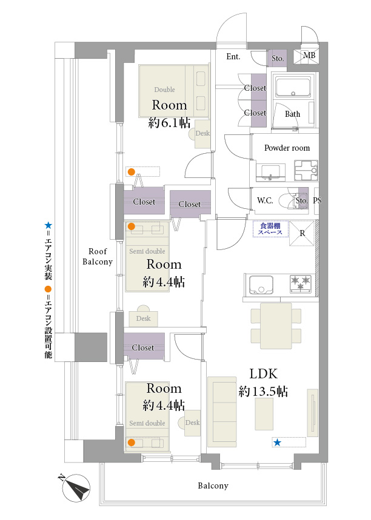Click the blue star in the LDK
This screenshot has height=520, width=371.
(277, 443)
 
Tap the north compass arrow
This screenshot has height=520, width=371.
(76, 487)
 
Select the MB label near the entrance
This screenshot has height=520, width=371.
(309, 56)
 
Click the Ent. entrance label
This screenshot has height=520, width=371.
(233, 57)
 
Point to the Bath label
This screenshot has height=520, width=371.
(293, 114)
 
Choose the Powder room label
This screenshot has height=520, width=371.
(287, 148)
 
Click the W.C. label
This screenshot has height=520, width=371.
(264, 200)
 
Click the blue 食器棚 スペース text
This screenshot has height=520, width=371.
(270, 228)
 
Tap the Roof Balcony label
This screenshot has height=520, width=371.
(98, 257)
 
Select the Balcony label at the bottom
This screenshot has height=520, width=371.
(213, 485)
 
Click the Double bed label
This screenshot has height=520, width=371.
(164, 90)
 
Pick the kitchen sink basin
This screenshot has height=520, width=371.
(261, 283)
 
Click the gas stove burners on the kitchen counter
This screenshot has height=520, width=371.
(300, 282)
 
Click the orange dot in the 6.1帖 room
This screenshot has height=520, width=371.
(132, 171)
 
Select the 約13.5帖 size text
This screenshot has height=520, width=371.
(263, 392)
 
